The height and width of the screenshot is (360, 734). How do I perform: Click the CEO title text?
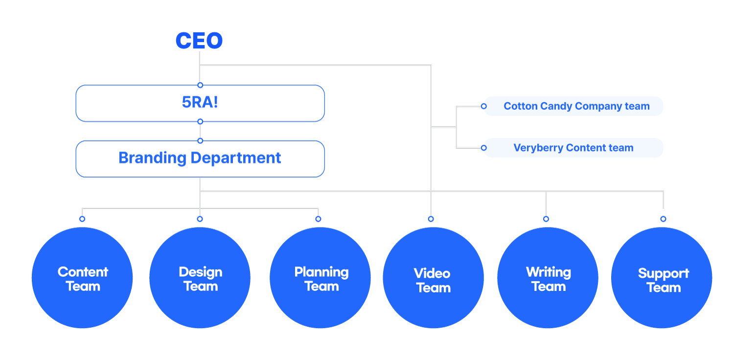tap(199, 41)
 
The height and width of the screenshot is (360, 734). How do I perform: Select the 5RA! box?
tap(200, 103)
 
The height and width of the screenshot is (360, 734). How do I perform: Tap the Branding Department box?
tap(200, 158)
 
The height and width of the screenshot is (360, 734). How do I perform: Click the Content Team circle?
tap(82, 278)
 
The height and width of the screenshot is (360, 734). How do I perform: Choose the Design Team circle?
tap(200, 278)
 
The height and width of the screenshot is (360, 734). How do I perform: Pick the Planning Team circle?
tap(320, 278)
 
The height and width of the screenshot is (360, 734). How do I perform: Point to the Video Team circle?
tap(433, 278)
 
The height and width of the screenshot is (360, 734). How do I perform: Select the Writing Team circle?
tap(548, 278)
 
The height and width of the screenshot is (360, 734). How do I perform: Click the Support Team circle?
tap(662, 278)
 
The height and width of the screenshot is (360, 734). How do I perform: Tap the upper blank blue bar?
tap(573, 106)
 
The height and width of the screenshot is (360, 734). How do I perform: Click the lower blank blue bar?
tap(573, 148)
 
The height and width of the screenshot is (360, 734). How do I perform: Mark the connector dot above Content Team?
tap(82, 219)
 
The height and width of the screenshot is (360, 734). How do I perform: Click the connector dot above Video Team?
tap(431, 219)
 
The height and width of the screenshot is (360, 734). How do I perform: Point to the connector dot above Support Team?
tap(663, 219)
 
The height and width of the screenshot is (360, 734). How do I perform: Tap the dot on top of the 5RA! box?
tap(200, 85)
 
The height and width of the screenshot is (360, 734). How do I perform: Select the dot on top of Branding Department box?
tap(200, 141)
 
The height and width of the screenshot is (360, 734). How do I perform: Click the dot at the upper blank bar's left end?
tap(483, 106)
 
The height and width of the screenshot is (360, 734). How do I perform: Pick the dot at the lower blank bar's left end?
tap(483, 148)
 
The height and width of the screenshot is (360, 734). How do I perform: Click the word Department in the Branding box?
tap(235, 158)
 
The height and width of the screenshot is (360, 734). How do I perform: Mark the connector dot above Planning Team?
tap(318, 219)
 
